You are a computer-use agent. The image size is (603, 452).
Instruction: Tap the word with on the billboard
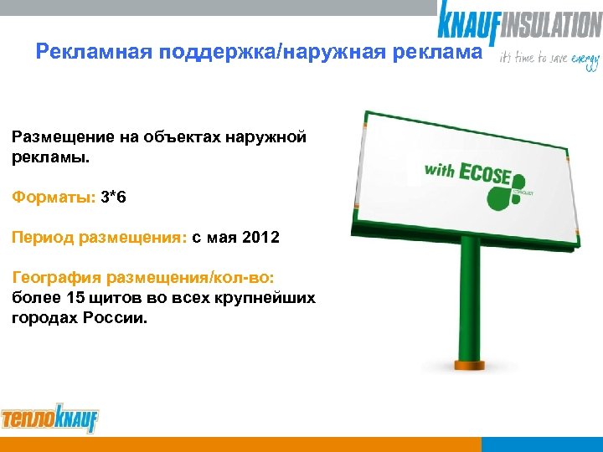pos(439,171)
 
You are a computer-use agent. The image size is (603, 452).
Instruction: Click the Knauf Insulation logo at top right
pos(518,20)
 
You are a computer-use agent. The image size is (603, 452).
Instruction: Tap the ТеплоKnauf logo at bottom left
pos(49,419)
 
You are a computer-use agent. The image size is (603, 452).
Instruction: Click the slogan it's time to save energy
pos(549,60)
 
